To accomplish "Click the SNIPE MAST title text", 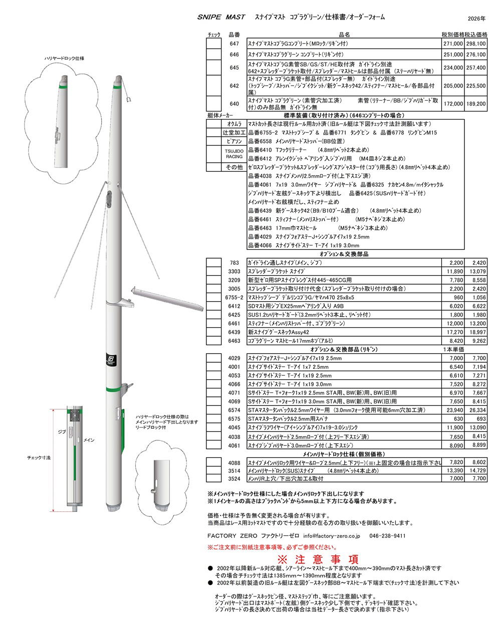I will pyautogui.click(x=221, y=17).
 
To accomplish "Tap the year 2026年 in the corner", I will pyautogui.click(x=476, y=19).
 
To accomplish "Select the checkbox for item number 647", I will pyautogui.click(x=214, y=44).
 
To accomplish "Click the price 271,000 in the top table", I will pyautogui.click(x=452, y=44).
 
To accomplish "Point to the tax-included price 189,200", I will pyautogui.click(x=475, y=104).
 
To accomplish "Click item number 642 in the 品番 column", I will pyautogui.click(x=234, y=86).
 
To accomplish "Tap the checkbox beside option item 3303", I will pyautogui.click(x=214, y=271).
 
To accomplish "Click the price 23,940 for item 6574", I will pyautogui.click(x=452, y=410).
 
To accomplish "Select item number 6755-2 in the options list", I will pyautogui.click(x=234, y=297).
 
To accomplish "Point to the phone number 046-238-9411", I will pyautogui.click(x=387, y=536).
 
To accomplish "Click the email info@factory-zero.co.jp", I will pyautogui.click(x=331, y=536).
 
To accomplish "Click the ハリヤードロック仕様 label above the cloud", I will pyautogui.click(x=64, y=59).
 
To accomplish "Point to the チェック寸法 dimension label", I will pyautogui.click(x=39, y=457).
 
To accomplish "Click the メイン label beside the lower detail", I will pyautogui.click(x=89, y=440).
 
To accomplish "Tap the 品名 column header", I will pyautogui.click(x=344, y=35).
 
